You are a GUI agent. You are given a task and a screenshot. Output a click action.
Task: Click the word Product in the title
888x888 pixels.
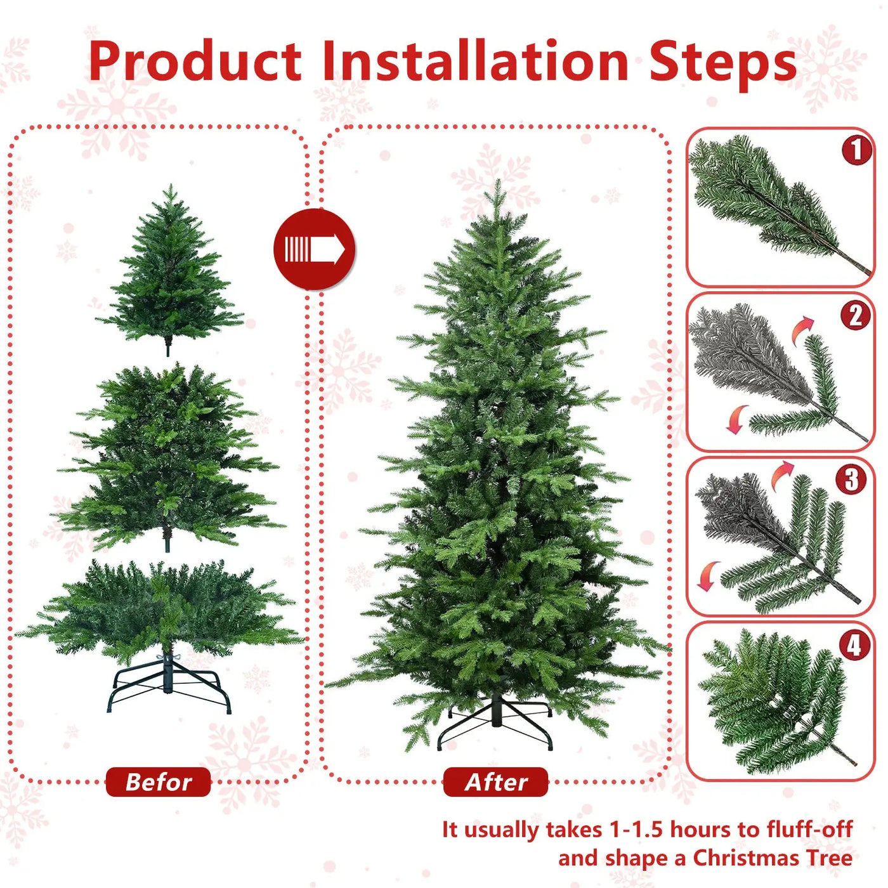click(195, 62)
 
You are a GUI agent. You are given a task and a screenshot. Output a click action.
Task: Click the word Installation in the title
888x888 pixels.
click(475, 62)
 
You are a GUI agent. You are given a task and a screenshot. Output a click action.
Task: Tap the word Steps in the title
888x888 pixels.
click(722, 63)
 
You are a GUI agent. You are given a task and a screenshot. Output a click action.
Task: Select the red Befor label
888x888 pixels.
click(158, 782)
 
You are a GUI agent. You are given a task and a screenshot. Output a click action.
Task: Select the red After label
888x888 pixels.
click(495, 782)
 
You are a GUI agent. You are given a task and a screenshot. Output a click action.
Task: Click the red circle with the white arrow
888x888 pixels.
click(315, 249)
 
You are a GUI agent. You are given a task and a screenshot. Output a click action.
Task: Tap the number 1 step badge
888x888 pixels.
click(856, 150)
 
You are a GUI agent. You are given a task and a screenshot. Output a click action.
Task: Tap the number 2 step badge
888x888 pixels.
click(856, 315)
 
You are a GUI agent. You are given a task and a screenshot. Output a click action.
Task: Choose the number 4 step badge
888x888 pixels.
click(854, 645)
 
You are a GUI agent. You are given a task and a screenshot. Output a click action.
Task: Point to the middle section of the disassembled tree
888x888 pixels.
click(168, 457)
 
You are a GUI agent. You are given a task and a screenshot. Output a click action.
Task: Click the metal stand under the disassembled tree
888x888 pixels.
click(169, 688)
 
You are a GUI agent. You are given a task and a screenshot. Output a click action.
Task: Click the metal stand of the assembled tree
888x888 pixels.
click(495, 723)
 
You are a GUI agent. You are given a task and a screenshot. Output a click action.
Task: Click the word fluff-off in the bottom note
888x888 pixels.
click(809, 829)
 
